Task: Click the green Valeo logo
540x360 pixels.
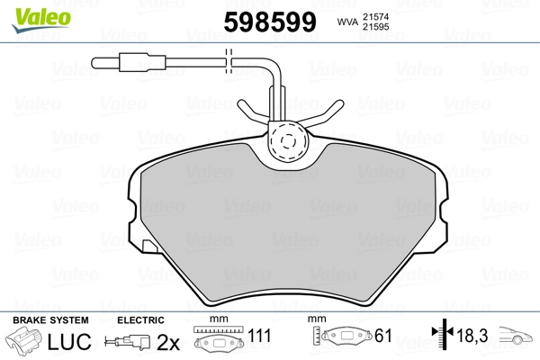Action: point(41,20)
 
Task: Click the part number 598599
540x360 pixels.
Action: point(270,22)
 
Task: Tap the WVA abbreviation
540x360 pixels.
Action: point(347,22)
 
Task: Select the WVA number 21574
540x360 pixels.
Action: point(375,16)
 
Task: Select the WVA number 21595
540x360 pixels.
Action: point(375,27)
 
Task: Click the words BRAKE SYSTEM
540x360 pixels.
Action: point(50,320)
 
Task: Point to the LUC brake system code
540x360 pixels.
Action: point(69,342)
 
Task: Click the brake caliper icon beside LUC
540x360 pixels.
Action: point(23,341)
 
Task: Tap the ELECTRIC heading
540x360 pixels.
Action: point(140,320)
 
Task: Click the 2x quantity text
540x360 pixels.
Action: point(168,342)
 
